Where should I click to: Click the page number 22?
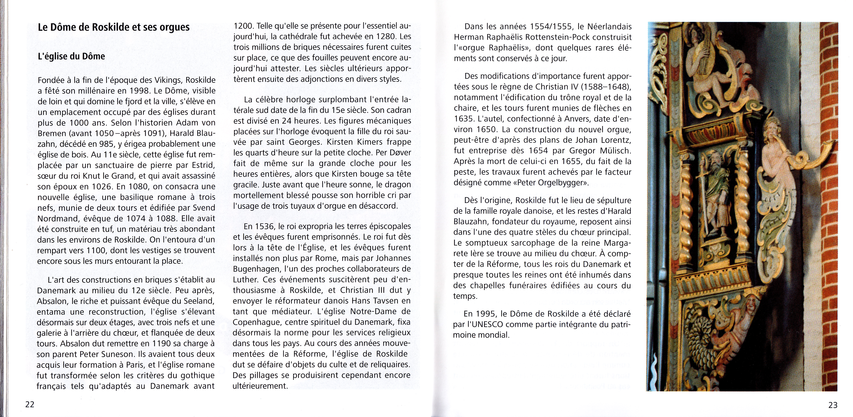tap(30, 404)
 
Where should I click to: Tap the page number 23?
tap(833, 405)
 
